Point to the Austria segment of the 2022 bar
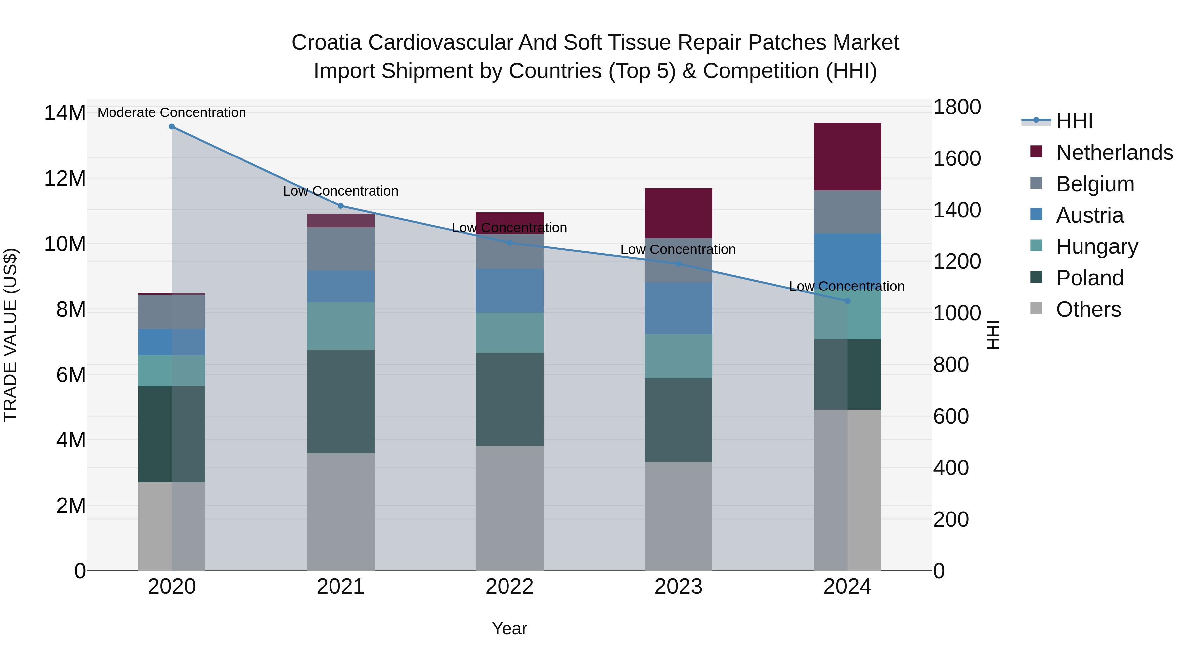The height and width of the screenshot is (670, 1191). pyautogui.click(x=509, y=290)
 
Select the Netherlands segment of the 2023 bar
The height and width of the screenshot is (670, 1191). pyautogui.click(x=678, y=213)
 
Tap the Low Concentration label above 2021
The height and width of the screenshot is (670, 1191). pyautogui.click(x=340, y=191)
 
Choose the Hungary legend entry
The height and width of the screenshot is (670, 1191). pyautogui.click(x=1097, y=246)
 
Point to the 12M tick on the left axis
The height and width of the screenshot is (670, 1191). pyautogui.click(x=65, y=178)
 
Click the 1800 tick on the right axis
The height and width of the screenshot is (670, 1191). pyautogui.click(x=956, y=107)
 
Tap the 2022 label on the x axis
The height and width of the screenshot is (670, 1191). pyautogui.click(x=509, y=587)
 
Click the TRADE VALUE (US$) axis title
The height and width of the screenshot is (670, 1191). pyautogui.click(x=10, y=335)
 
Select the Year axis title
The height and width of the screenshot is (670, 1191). pyautogui.click(x=509, y=628)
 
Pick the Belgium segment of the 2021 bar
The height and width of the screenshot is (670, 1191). pyautogui.click(x=340, y=249)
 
